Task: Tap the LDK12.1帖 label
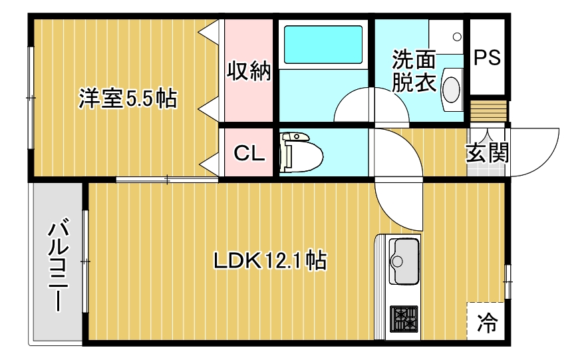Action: click(x=269, y=260)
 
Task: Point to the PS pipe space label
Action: click(x=487, y=58)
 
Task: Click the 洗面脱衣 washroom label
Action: click(x=413, y=71)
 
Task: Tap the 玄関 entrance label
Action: click(x=487, y=153)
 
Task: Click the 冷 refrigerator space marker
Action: click(x=487, y=323)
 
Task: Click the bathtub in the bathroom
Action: click(x=323, y=45)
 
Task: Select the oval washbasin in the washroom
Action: click(x=452, y=89)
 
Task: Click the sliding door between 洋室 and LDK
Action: click(x=167, y=179)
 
